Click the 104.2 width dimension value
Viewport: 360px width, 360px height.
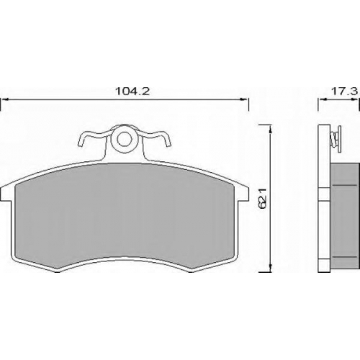(132, 91)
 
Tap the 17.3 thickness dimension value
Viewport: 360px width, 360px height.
(344, 91)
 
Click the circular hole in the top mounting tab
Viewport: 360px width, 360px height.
(125, 139)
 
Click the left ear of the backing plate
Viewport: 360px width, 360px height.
(5, 194)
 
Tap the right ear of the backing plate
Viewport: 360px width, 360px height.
(244, 194)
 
